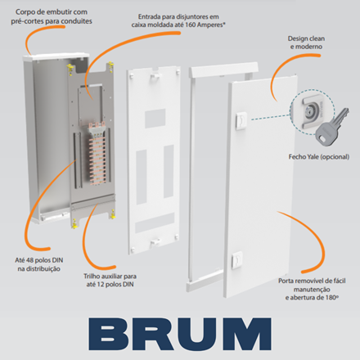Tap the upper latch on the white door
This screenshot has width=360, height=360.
pos(241,119)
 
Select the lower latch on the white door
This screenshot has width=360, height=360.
pos(236,260)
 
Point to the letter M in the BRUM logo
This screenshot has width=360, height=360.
pos(249,334)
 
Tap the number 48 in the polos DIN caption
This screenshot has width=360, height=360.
pos(30,260)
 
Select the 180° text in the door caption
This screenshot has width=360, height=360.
pos(332,298)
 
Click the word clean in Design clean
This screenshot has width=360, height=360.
pos(316,38)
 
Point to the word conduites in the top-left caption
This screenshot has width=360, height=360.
pos(76,21)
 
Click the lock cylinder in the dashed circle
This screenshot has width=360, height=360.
pos(309,110)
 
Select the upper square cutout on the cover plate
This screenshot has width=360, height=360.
pos(155,119)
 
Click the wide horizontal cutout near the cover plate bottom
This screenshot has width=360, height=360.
pos(155,223)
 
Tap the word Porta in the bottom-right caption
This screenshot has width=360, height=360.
pos(286,281)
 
